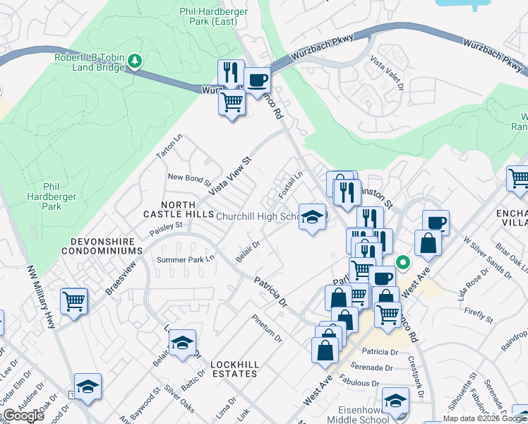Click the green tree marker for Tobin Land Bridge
[134, 62]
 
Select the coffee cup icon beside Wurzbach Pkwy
[257, 80]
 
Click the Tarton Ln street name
[169, 146]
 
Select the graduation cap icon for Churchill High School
[311, 218]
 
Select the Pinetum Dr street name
[268, 326]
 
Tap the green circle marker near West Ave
[403, 261]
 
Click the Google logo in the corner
[23, 415]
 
